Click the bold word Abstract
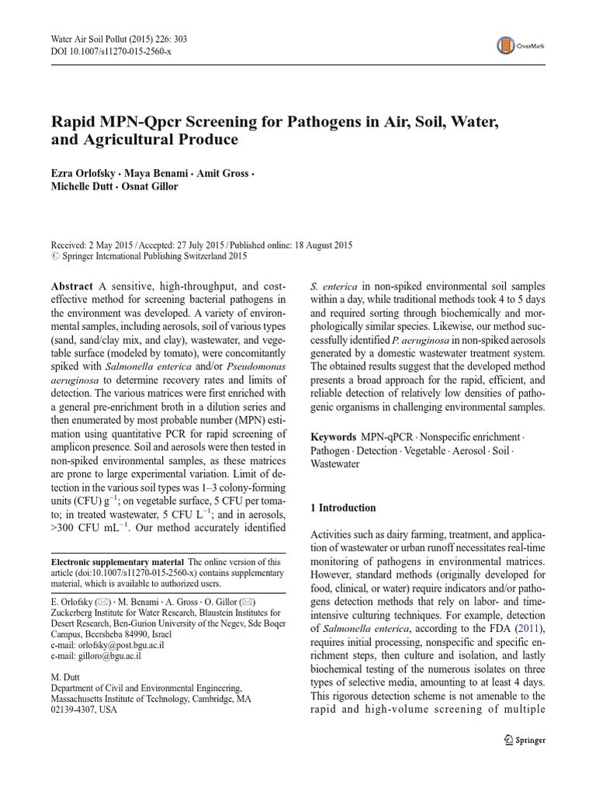(x=72, y=286)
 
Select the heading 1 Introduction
(x=343, y=508)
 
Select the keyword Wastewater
(x=334, y=463)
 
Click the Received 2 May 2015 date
(x=93, y=244)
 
